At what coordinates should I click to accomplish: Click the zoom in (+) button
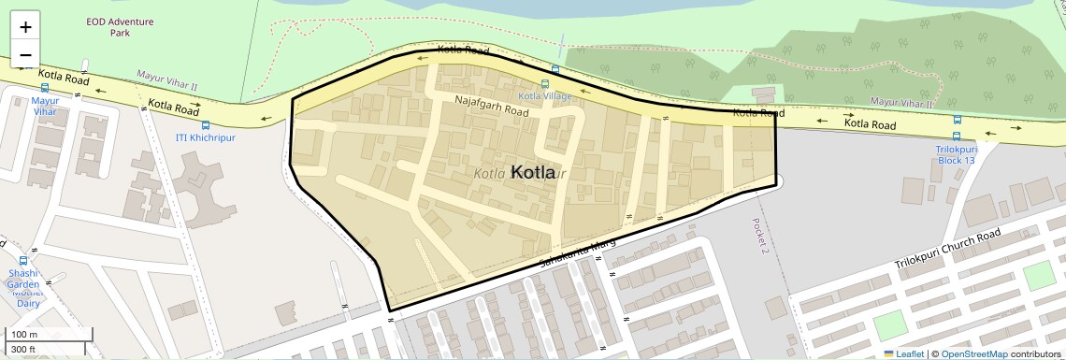pos(25,27)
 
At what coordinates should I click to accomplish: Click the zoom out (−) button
pos(25,55)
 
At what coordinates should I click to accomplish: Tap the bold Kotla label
pos(533,173)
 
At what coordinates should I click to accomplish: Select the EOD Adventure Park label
pos(107,26)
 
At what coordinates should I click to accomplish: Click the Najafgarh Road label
pos(492,104)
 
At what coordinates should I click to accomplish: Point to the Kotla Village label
pos(545,95)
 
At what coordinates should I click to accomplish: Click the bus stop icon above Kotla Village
pos(556,70)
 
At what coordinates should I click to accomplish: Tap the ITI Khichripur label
pos(207,137)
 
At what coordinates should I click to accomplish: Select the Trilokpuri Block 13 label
pos(956,154)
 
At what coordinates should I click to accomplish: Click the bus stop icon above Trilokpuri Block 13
pos(957,120)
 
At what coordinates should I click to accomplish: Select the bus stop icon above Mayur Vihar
pos(44,88)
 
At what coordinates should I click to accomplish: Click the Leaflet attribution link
pos(904,353)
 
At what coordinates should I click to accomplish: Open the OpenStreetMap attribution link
pos(973,353)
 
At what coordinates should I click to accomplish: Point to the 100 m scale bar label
pos(24,334)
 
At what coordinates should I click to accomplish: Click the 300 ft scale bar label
pos(23,350)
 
